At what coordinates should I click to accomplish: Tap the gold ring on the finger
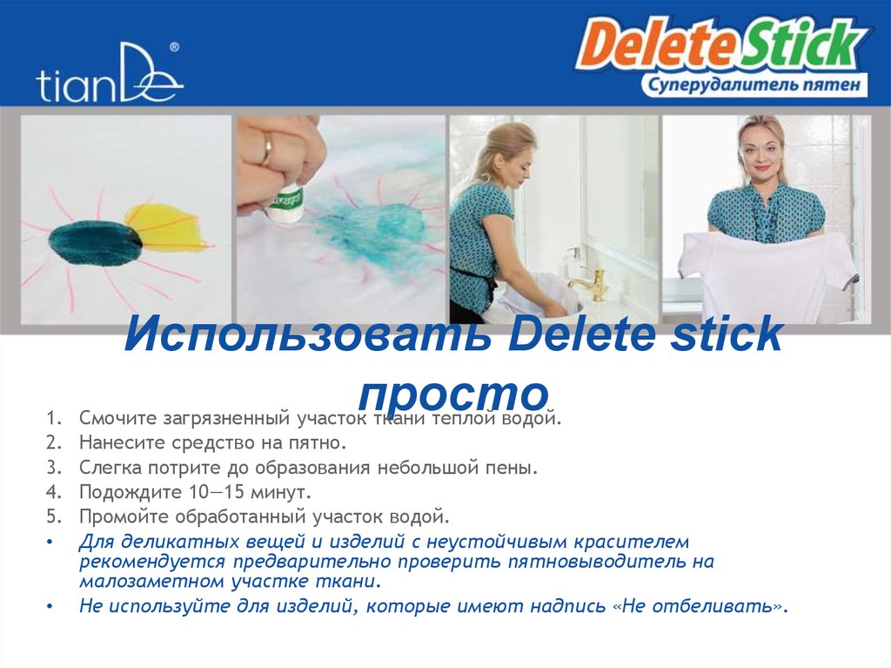pyautogui.click(x=266, y=149)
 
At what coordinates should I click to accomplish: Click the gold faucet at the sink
pyautogui.click(x=592, y=283)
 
